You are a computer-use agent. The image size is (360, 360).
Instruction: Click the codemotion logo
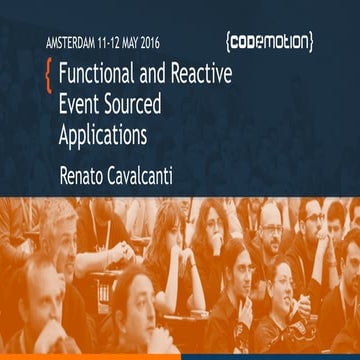coord(269,42)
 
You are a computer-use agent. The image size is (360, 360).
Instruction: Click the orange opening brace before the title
coord(48,73)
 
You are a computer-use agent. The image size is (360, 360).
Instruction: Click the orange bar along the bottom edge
coord(90,355)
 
